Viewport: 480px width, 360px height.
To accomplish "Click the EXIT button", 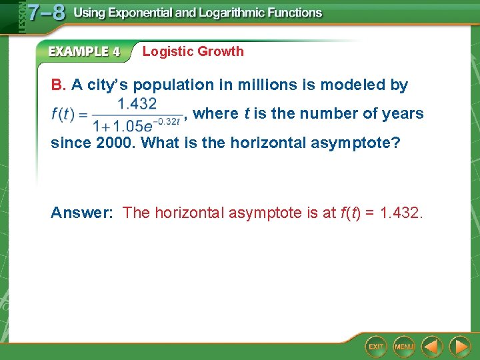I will pyautogui.click(x=377, y=346).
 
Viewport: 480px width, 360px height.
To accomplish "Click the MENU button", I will pyautogui.click(x=404, y=346).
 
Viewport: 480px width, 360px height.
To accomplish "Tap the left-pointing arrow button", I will pyautogui.click(x=433, y=346).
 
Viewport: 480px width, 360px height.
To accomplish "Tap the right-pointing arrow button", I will pyautogui.click(x=459, y=346).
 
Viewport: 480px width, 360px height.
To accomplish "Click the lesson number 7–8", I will pyautogui.click(x=46, y=13).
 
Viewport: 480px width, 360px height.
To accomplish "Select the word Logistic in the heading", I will pyautogui.click(x=167, y=51).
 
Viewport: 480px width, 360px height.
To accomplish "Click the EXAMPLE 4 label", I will pyautogui.click(x=84, y=51).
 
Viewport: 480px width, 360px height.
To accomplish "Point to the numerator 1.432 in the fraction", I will pyautogui.click(x=137, y=103).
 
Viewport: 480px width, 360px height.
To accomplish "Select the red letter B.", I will pyautogui.click(x=58, y=85).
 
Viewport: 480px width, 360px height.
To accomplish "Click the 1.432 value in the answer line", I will pyautogui.click(x=401, y=213).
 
